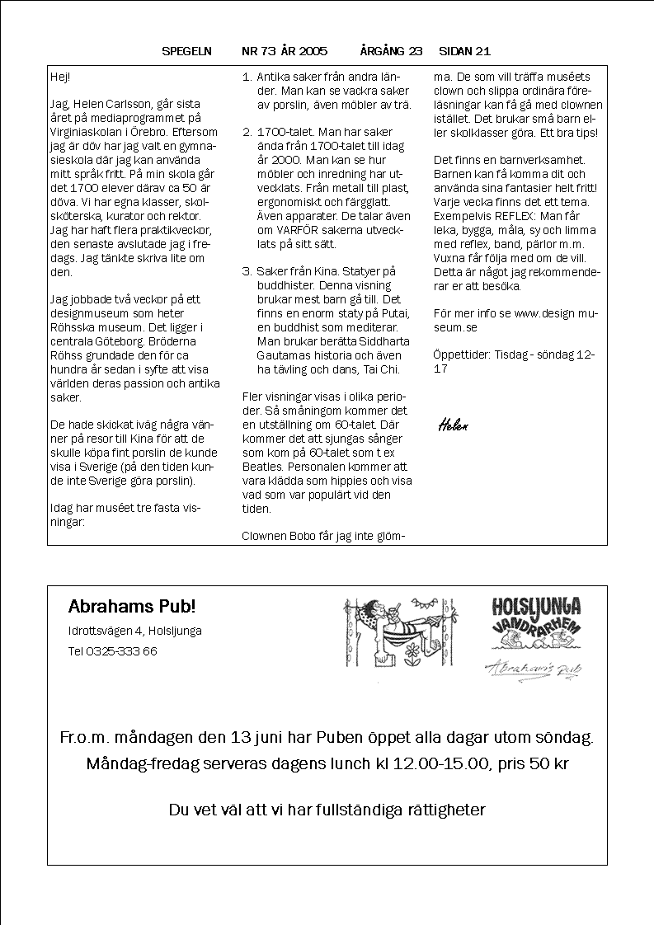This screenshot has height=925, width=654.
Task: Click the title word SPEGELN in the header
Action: [x=186, y=51]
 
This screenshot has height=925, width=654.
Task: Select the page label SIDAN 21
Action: [x=464, y=51]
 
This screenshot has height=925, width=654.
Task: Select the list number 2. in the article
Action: [x=247, y=132]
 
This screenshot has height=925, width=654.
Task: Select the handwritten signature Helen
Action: [x=453, y=425]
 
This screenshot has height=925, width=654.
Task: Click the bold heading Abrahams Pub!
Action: [x=132, y=608]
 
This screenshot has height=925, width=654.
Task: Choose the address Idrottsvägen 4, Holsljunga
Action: [x=134, y=632]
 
